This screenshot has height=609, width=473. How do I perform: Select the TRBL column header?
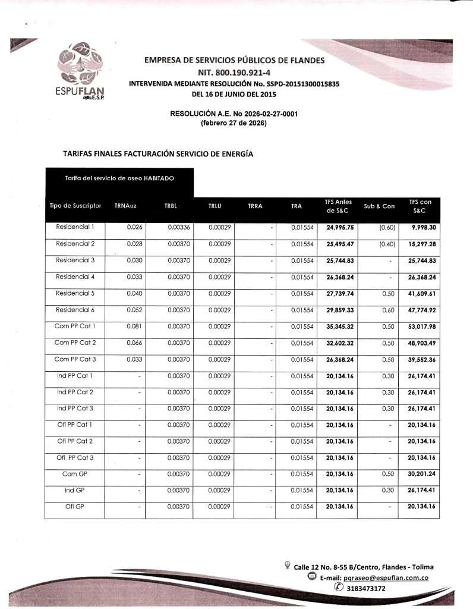tap(171, 206)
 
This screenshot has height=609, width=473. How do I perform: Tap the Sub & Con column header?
tap(379, 206)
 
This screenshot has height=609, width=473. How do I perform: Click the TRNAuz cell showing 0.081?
tap(134, 326)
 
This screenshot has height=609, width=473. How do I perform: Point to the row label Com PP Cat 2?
tap(75, 343)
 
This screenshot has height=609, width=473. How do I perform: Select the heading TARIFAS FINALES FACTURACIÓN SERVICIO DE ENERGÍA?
tap(158, 153)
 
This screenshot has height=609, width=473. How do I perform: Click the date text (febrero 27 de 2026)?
tap(234, 123)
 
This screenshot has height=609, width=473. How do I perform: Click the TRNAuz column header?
tap(125, 206)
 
